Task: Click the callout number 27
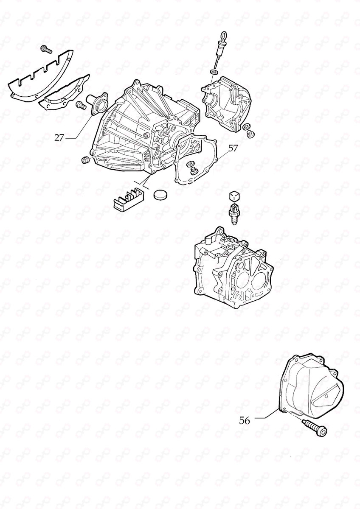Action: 59,137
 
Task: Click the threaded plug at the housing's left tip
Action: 85,160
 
